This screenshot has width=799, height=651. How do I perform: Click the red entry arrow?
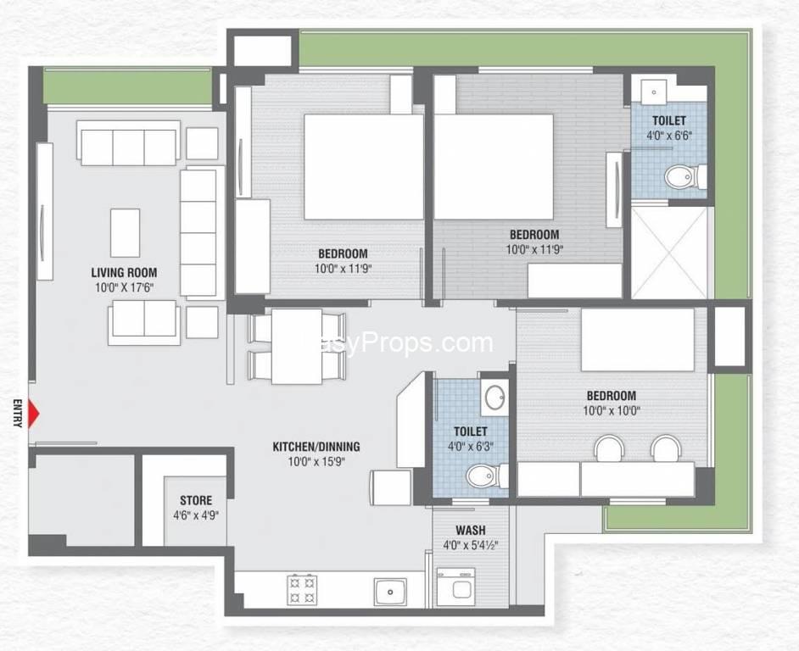click(34, 415)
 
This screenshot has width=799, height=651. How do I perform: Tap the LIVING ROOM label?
click(125, 273)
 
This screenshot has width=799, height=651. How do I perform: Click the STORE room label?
click(196, 500)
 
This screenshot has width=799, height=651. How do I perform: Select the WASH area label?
click(471, 531)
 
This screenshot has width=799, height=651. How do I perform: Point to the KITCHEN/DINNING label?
click(316, 447)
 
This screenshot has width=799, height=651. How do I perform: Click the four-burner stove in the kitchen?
click(302, 589)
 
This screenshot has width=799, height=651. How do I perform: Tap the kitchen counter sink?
click(390, 591)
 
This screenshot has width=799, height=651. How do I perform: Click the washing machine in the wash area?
click(456, 587)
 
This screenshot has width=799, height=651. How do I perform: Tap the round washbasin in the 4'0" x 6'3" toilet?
click(494, 398)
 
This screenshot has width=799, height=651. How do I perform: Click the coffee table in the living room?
click(126, 233)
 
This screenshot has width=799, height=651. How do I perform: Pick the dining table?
click(297, 347)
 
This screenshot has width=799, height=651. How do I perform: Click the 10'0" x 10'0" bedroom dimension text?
click(612, 410)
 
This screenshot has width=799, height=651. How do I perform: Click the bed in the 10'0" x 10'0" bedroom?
click(638, 340)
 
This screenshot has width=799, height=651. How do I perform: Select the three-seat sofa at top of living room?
click(129, 143)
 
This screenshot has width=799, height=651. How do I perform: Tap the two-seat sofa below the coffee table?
click(144, 322)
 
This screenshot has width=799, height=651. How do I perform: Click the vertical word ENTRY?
click(19, 413)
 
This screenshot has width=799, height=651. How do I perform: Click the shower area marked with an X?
click(669, 253)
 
